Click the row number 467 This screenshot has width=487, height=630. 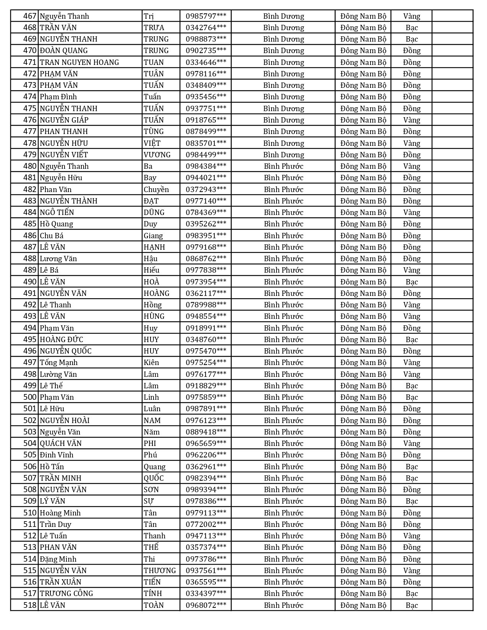pos(29,16)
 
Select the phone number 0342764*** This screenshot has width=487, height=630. pos(206,27)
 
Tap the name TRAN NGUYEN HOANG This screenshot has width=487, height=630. pos(79,62)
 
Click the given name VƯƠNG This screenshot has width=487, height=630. pos(157,155)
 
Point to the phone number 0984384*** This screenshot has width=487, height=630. pos(206,166)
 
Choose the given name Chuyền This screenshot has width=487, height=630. pos(156,189)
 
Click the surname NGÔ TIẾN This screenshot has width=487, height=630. pos(57,212)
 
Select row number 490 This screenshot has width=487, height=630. pos(29,282)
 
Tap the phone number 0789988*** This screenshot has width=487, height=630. pos(206,305)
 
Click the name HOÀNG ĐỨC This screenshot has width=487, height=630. pos(61,339)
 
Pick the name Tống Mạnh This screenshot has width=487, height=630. pos(59,362)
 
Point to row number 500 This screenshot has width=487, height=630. pos(29,397)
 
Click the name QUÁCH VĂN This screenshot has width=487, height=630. pos(61,443)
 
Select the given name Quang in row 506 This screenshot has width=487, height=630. pos(155,467)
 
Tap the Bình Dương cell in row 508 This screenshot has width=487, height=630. pos(283,489)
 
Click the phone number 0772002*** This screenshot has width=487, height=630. pos(206,524)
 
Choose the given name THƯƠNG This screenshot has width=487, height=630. pos(160,570)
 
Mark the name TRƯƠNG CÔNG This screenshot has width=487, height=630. pos(66,593)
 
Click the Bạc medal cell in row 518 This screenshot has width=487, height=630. pos(412,605)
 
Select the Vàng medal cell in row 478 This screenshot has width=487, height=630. pos(412,143)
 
